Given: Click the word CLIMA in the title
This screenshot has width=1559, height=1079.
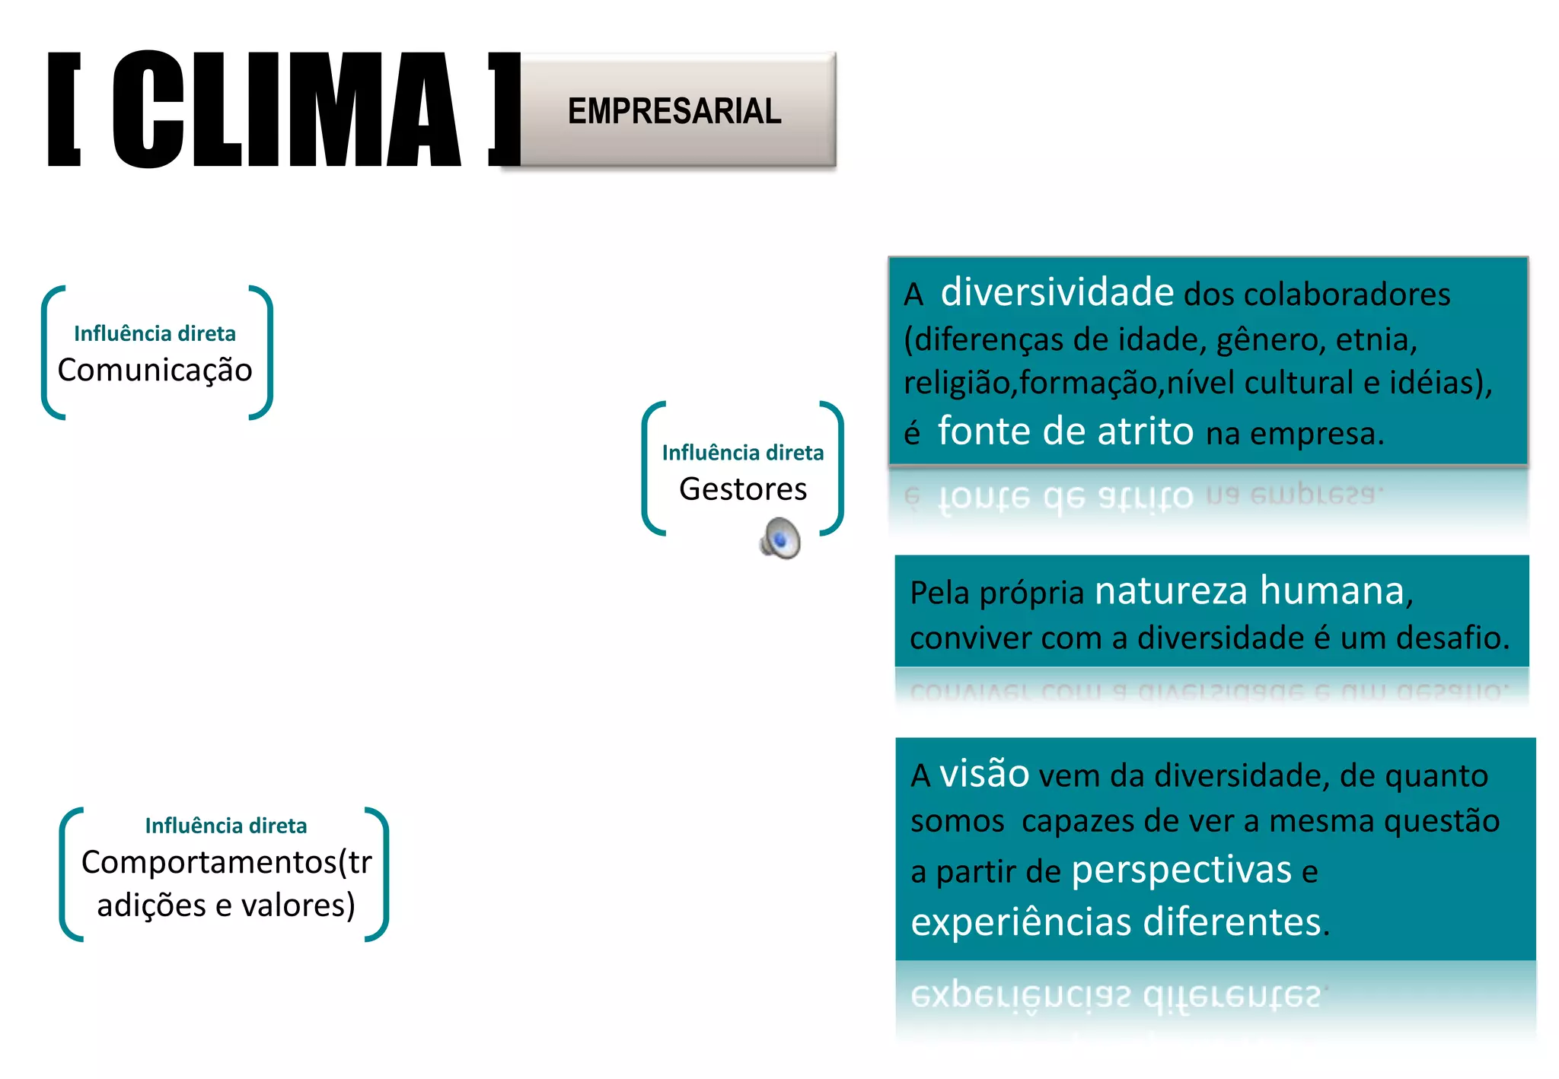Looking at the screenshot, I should click(x=286, y=110).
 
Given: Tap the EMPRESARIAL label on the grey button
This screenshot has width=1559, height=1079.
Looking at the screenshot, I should click(x=674, y=111).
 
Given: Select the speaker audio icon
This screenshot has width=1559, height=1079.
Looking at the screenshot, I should click(x=780, y=538).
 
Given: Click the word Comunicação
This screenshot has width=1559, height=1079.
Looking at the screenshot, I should click(x=155, y=371).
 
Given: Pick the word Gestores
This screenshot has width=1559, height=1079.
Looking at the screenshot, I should click(x=743, y=489).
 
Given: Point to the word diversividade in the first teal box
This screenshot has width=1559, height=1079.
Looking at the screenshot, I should click(x=1057, y=292).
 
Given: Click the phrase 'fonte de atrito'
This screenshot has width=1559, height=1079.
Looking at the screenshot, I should click(x=1066, y=431).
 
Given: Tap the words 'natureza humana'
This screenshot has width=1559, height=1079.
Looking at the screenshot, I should click(x=1253, y=591).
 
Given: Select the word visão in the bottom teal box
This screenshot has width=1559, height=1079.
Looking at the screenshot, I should click(x=984, y=775).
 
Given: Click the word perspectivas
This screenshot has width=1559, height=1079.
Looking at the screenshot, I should click(x=1181, y=871).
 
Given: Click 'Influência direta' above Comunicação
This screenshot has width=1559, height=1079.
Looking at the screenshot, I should click(x=155, y=334).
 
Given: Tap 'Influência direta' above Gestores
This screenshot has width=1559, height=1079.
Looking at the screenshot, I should click(x=743, y=454).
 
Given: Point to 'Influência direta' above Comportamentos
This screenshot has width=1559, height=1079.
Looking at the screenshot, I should click(x=226, y=826).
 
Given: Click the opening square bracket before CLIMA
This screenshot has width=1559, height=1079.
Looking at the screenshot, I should click(x=65, y=110).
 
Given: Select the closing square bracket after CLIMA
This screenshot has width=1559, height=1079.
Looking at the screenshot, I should click(x=504, y=110).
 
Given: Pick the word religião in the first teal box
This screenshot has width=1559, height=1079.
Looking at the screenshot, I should click(x=956, y=383).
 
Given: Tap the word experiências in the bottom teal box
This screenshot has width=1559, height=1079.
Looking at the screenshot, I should click(x=1021, y=922).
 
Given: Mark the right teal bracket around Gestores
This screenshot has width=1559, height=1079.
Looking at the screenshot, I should click(x=834, y=468).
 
